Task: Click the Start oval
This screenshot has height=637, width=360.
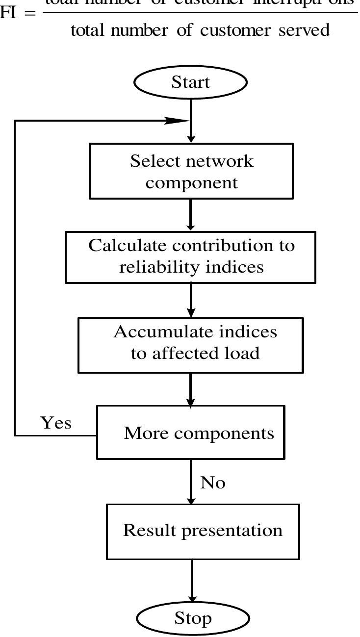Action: [x=190, y=82]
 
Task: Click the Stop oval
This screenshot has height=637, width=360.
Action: [x=193, y=619]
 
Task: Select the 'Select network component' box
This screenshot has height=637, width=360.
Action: [x=191, y=171]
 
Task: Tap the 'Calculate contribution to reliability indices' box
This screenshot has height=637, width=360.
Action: [x=191, y=257]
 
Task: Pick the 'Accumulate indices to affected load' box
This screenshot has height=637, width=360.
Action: [x=191, y=345]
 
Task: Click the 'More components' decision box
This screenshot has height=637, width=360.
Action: [x=191, y=433]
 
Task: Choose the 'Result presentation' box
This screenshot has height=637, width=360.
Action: [x=203, y=532]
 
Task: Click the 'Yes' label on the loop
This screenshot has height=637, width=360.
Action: [x=56, y=423]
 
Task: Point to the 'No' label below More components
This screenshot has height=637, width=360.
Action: [x=213, y=483]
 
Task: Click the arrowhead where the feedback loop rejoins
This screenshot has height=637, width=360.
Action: [x=177, y=121]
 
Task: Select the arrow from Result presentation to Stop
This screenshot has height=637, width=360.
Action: [x=192, y=581]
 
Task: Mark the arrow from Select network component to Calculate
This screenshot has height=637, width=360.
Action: [x=191, y=215]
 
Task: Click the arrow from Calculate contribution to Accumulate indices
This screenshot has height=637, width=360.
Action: [x=191, y=300]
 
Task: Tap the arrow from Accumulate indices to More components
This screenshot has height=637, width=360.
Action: [x=191, y=389]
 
